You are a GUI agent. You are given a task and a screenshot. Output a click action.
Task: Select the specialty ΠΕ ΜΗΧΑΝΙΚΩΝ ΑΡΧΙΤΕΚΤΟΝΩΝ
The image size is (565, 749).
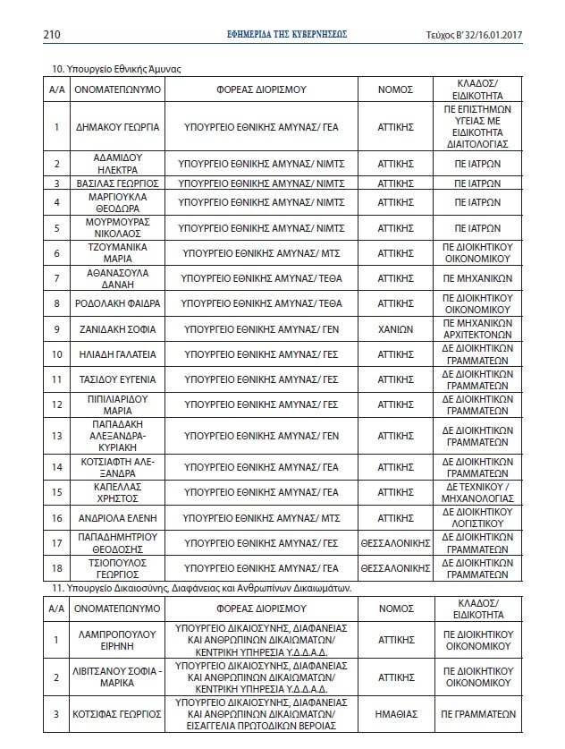pyautogui.click(x=476, y=329)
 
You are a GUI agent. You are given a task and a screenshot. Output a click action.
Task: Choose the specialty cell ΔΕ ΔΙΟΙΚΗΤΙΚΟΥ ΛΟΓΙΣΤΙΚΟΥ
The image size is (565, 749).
pyautogui.click(x=476, y=517)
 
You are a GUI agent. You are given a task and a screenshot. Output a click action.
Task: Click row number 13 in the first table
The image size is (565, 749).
pyautogui.click(x=56, y=436)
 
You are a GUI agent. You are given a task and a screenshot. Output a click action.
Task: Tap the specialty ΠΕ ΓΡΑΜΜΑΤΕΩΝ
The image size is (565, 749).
pyautogui.click(x=476, y=715)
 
